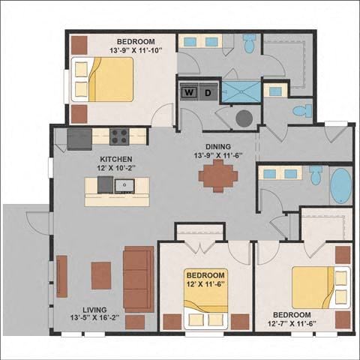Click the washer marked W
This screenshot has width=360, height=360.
coord(189,92)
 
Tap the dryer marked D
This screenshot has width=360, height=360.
coord(208,92)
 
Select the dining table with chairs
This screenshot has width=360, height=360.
coord(218,176)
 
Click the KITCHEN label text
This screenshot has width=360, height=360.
coord(116,159)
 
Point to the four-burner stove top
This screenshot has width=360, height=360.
coord(119,136)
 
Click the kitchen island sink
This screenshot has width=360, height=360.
coord(124,186)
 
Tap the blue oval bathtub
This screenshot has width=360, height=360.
coord(341,186)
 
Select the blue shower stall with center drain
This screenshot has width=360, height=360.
coord(241,91)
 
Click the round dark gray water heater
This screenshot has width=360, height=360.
coord(244,118)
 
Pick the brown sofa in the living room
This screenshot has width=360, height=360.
coord(139,279)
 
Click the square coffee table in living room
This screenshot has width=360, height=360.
coord(101,275)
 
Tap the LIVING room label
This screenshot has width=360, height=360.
coord(94,310)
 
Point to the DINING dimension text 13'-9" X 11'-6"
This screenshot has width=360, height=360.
coord(218,155)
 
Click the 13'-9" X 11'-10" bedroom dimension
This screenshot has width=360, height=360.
coord(136,50)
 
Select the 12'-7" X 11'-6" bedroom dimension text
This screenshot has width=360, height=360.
coord(292,323)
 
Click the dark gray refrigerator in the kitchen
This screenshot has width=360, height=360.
coord(79,139)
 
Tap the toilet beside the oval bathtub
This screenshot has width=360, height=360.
coord(316,175)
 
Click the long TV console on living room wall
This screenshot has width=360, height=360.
coord(61,276)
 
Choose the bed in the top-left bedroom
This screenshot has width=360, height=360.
coord(102,79)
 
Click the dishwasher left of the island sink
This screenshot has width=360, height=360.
coord(105,184)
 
